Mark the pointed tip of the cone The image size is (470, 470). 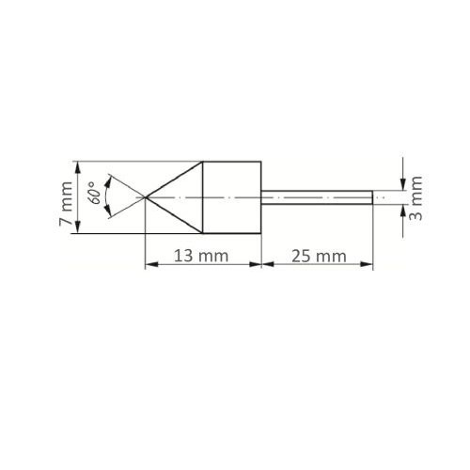(145, 197)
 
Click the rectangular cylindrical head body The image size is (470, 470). (232, 197)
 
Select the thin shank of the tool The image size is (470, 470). (316, 197)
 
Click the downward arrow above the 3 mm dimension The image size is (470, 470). (402, 184)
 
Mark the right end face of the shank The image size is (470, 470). (372, 197)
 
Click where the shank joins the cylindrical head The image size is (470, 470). (260, 197)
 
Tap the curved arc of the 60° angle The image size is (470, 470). (110, 197)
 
